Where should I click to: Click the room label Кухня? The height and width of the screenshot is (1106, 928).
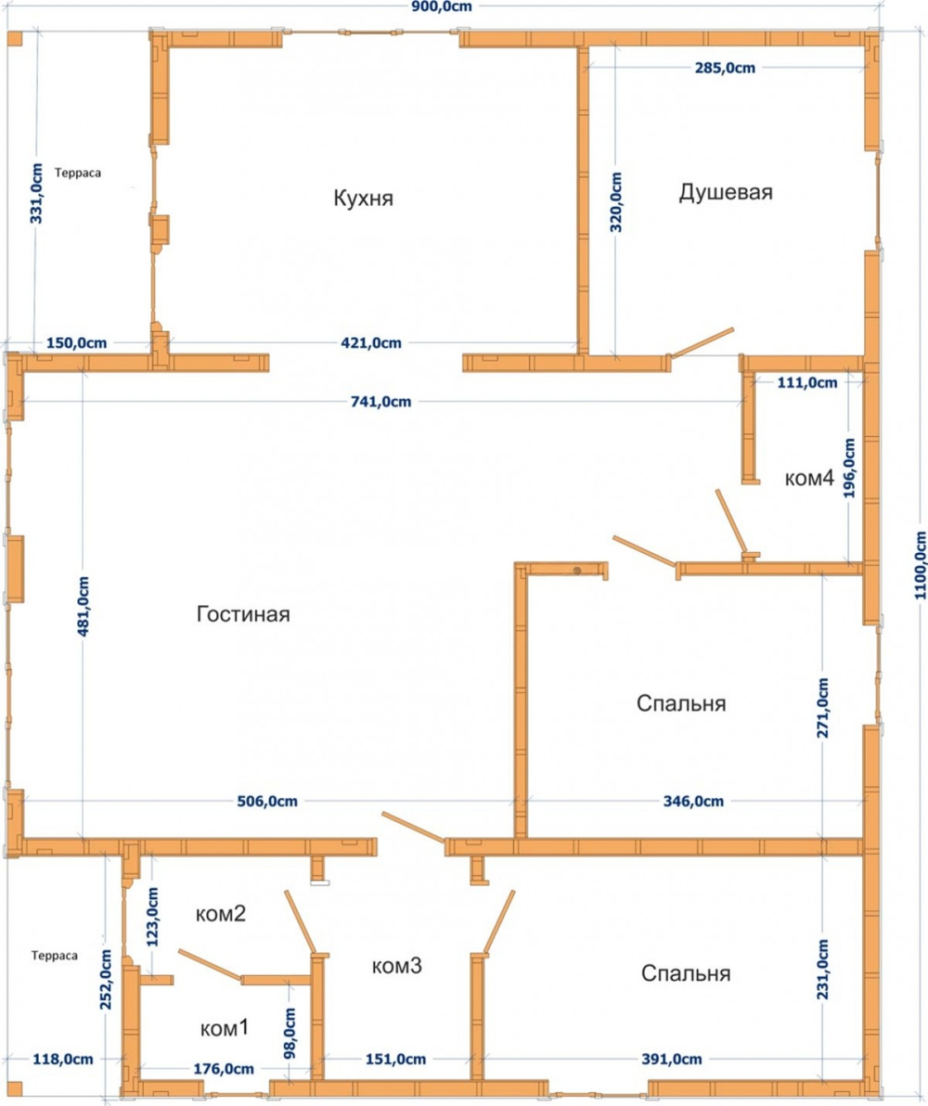[363, 198]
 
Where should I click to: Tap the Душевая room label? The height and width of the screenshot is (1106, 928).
[726, 192]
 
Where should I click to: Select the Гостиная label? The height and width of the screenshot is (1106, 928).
[243, 613]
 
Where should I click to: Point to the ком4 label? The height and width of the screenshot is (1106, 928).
[809, 478]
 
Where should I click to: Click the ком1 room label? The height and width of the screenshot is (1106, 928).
[225, 1028]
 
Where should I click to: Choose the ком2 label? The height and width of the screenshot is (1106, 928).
[220, 913]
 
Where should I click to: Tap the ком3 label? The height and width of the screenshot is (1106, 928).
[396, 965]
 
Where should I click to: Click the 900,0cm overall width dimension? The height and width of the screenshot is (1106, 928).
[442, 7]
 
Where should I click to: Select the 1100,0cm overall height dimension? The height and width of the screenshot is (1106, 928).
[920, 566]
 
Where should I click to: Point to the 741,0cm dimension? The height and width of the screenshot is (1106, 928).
[381, 402]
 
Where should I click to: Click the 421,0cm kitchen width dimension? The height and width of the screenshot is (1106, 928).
[371, 342]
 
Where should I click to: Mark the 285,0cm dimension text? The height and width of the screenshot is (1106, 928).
[725, 68]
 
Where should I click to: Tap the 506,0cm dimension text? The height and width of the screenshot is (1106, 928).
[266, 802]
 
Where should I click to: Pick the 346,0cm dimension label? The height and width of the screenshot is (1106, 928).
[693, 802]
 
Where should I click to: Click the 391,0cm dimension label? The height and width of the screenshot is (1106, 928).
[671, 1059]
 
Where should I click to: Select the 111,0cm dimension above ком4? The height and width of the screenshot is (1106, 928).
[807, 382]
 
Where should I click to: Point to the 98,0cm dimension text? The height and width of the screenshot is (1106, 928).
[290, 1033]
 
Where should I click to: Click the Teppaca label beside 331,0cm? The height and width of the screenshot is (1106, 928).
[78, 173]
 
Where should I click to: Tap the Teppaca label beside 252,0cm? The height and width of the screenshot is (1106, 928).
[55, 956]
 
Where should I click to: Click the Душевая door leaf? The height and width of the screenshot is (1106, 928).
[702, 342]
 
